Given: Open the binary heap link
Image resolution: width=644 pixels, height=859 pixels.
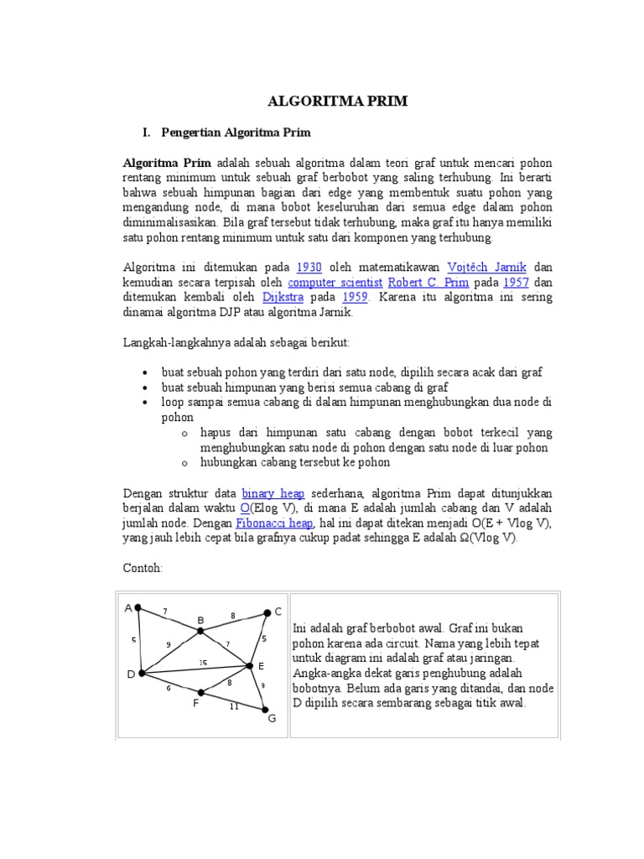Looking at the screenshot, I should pyautogui.click(x=273, y=493).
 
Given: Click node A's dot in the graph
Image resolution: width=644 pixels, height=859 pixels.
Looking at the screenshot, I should pyautogui.click(x=138, y=608).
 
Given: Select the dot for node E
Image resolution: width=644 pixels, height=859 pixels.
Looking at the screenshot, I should pyautogui.click(x=249, y=666).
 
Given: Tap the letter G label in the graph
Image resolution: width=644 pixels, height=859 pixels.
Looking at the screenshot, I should pyautogui.click(x=271, y=719).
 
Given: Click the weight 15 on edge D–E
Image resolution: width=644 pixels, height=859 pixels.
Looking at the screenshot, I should pyautogui.click(x=202, y=664).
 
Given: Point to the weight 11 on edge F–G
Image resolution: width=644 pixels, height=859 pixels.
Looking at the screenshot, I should pyautogui.click(x=233, y=706).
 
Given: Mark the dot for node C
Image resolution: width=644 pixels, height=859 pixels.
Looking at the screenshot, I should pyautogui.click(x=267, y=612).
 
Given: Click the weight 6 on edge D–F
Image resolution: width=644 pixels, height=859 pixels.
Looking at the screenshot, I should pyautogui.click(x=169, y=688).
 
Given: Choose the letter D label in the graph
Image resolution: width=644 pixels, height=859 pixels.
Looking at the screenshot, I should pyautogui.click(x=130, y=674).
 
